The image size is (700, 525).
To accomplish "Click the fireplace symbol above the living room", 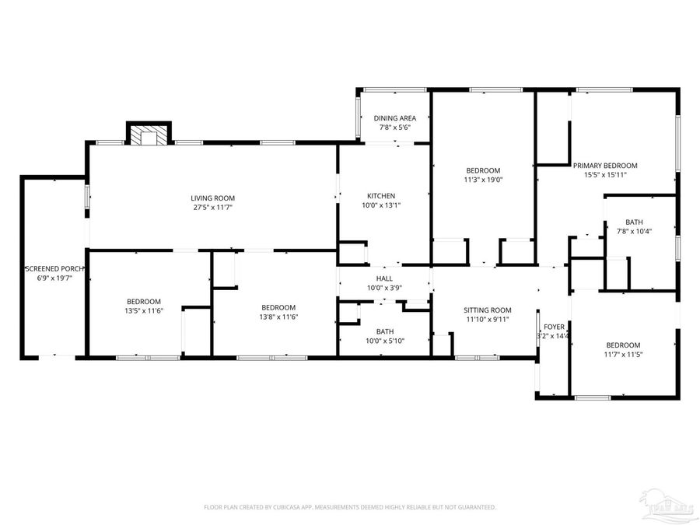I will tap(148, 136).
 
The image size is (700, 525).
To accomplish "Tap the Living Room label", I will tap(213, 198).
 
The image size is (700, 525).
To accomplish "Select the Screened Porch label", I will tap(54, 268).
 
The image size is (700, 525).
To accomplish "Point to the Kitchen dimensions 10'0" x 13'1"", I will tap(382, 206).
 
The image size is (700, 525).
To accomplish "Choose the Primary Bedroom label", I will tap(605, 166).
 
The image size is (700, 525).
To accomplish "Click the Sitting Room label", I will tap(487, 310).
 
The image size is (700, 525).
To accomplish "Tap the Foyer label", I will tap(554, 327).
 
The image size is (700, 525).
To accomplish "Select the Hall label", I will tap(384, 278).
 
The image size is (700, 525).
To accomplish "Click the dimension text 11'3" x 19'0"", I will tap(483, 180).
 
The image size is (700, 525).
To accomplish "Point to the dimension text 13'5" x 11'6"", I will tap(144, 311).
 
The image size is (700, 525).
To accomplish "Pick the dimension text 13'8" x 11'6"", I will tap(278, 317).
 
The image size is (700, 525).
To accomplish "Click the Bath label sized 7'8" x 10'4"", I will tap(634, 222).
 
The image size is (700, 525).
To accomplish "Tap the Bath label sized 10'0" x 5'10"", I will tap(384, 331).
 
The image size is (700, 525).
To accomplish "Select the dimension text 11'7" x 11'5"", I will tap(623, 355).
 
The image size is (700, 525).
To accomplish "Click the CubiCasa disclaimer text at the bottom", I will tap(350, 507).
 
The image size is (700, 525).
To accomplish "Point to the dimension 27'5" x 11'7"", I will tap(213, 208).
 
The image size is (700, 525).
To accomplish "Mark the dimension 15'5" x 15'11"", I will tap(605, 175).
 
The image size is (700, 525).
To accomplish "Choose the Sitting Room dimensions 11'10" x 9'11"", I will tap(487, 320).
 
